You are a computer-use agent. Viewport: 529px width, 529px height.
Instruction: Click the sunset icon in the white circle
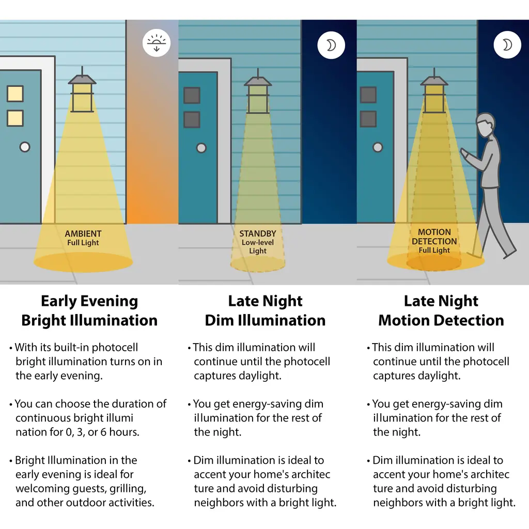pyautogui.click(x=156, y=43)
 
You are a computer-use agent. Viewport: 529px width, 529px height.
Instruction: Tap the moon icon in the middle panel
pyautogui.click(x=331, y=45)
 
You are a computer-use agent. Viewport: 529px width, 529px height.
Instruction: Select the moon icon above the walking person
pyautogui.click(x=507, y=45)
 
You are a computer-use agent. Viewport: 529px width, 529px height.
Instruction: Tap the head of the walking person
pyautogui.click(x=486, y=124)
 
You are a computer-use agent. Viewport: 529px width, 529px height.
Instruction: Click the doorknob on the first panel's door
pyautogui.click(x=25, y=147)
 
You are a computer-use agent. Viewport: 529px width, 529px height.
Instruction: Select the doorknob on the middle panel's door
pyautogui.click(x=201, y=148)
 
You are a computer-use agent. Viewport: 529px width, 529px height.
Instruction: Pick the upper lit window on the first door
pyautogui.click(x=15, y=94)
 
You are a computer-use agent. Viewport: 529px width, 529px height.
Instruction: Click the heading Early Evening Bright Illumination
pyautogui.click(x=89, y=310)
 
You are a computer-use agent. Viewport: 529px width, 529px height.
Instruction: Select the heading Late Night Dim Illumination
pyautogui.click(x=265, y=310)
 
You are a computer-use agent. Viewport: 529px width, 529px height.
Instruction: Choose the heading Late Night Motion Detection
pyautogui.click(x=441, y=310)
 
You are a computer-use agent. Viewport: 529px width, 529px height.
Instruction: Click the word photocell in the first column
pyautogui.click(x=115, y=347)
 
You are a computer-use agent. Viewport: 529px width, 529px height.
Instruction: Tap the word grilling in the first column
pyautogui.click(x=128, y=489)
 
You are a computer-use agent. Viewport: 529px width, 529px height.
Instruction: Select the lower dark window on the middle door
pyautogui.click(x=192, y=120)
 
